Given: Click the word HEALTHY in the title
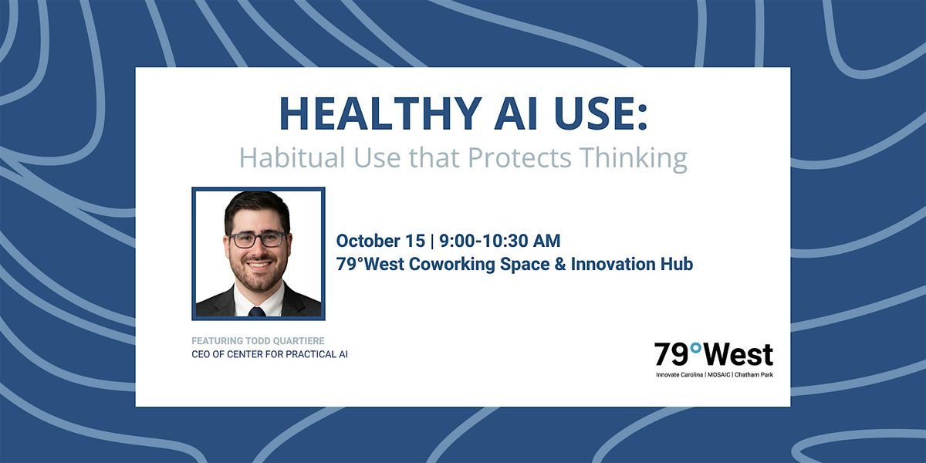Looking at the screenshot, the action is tap(379, 113).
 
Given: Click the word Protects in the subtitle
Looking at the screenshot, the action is tap(519, 158).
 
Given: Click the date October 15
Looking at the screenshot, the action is tap(380, 241).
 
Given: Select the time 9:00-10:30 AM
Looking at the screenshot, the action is tap(500, 241).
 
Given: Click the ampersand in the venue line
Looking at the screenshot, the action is tap(559, 264).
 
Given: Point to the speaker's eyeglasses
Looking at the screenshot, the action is tap(258, 239).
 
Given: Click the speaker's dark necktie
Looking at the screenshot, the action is tap(257, 312).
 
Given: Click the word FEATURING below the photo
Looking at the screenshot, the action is tap(217, 341).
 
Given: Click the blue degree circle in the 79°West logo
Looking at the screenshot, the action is tap(696, 349).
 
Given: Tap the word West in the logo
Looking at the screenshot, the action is tap(738, 355).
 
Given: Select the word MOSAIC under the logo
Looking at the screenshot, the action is tap(719, 375).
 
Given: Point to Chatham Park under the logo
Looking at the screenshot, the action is tap(754, 375).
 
